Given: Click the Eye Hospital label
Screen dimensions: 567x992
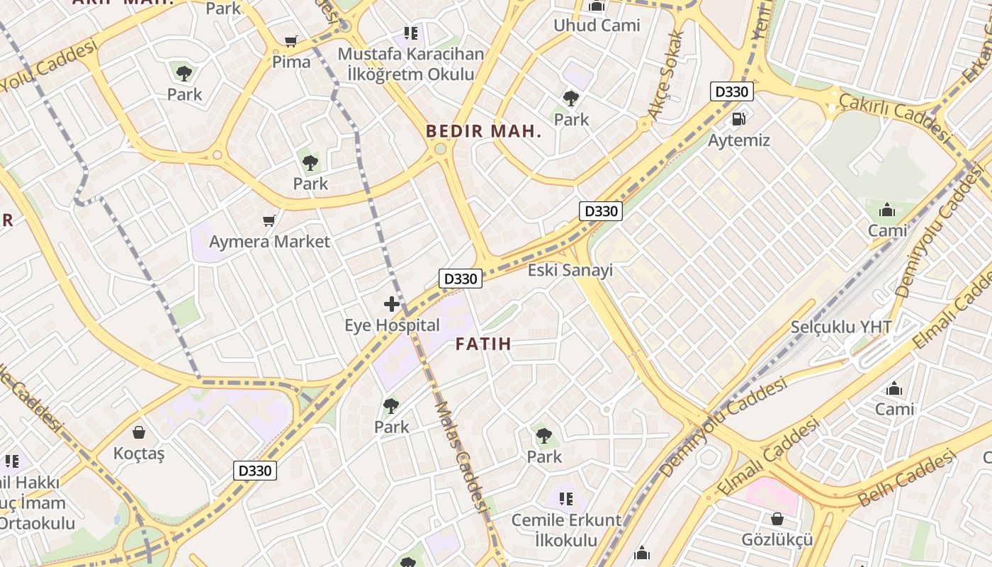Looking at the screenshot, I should coord(392,326).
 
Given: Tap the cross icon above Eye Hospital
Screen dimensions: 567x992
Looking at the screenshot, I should coord(392,304).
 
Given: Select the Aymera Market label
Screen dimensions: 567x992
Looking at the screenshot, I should coord(269,242).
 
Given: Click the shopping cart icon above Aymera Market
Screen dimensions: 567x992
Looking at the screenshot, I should coord(269,221).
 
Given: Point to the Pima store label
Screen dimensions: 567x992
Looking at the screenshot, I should coord(291,62).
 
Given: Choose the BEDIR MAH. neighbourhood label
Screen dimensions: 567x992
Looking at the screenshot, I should coord(483,131).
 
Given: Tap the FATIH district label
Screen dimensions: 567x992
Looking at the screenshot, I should coord(483,344).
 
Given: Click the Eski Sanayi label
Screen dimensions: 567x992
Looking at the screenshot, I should coord(570,270).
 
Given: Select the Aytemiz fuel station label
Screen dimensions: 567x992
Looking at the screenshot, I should coord(739,140).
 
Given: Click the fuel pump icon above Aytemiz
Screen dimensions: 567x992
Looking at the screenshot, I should coord(739,119).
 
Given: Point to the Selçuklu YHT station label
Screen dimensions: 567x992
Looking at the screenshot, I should coord(841,327).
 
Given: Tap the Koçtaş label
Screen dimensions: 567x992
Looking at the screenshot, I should coord(139,454).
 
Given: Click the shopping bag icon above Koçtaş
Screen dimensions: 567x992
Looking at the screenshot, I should coord(139,432).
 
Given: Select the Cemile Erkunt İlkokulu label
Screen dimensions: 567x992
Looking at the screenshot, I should coord(566,530).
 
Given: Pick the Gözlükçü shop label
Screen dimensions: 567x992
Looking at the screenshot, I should coord(777,540).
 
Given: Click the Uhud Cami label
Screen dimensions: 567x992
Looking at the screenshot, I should coord(597,26).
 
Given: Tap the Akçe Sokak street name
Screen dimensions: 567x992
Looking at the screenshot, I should coord(666,74).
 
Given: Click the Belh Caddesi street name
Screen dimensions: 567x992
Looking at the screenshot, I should coord(907,480).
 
